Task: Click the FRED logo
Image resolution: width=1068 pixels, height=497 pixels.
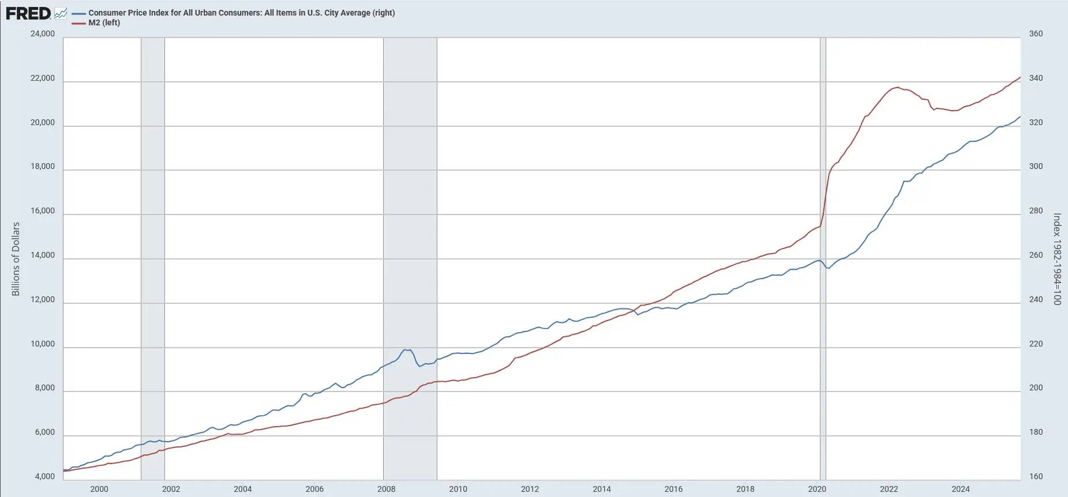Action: coord(28,13)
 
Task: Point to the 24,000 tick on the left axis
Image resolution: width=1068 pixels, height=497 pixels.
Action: coord(43,33)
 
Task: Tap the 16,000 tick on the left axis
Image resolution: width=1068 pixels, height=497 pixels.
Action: coord(43,211)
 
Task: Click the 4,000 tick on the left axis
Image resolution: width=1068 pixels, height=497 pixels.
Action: coord(45,477)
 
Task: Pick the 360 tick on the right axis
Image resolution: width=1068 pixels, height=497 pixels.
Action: coord(1036,33)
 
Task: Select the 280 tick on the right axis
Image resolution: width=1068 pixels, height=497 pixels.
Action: coord(1036,211)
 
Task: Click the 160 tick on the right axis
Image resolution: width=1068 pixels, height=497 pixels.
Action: coord(1036,477)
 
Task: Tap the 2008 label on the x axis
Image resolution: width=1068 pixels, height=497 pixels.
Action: coord(386,489)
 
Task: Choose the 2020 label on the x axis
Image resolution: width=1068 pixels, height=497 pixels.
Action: coord(817,489)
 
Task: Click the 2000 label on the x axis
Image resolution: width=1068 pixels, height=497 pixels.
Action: coord(99,489)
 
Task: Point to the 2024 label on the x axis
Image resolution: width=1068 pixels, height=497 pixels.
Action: coord(961,489)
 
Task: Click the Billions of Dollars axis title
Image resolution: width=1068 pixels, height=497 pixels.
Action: coord(16,259)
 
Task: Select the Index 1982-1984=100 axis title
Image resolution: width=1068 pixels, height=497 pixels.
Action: coord(1057,259)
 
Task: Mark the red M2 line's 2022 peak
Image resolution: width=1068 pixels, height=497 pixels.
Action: coord(897,88)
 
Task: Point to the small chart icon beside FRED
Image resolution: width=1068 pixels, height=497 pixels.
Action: coord(61,13)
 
